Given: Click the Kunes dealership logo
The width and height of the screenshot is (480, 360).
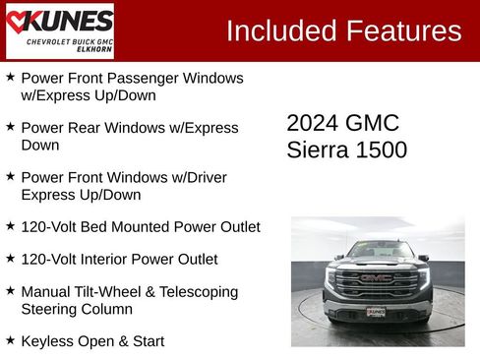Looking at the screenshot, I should coord(60,30).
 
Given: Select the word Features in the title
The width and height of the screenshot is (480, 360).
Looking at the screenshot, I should coord(402,30).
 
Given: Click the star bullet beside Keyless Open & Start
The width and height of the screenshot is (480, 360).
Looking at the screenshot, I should coord(10,339).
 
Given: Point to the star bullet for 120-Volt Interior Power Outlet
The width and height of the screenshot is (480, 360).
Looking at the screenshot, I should coord(10,258).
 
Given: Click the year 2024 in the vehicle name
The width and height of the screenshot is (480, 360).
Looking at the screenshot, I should coord(312,123).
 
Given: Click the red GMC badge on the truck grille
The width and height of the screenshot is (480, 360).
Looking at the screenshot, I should coord(376,278).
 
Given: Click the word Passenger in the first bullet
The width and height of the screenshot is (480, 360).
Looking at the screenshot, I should coord(147,78).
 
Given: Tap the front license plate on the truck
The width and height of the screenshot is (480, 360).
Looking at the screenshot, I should coord(376,312).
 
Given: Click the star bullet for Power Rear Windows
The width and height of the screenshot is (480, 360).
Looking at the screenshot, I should coord(10,127).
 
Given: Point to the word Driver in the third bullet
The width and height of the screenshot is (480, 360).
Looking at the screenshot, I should coord(204,178).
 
